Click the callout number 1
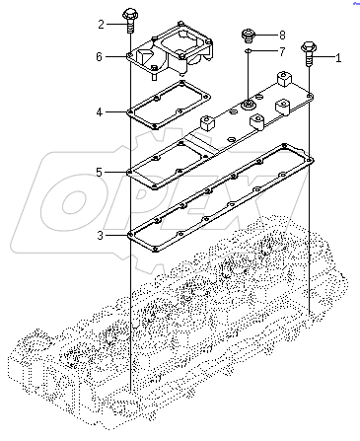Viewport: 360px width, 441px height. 338,58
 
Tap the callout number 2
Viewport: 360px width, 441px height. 101,23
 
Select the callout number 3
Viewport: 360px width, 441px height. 99,235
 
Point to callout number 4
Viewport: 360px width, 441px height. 99,111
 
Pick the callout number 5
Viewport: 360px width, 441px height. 99,172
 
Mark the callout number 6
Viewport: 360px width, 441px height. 99,57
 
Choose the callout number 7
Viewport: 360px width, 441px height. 281,51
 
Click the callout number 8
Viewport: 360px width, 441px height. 281,35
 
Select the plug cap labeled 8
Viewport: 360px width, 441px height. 250,36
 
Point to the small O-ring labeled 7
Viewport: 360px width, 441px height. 250,51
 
